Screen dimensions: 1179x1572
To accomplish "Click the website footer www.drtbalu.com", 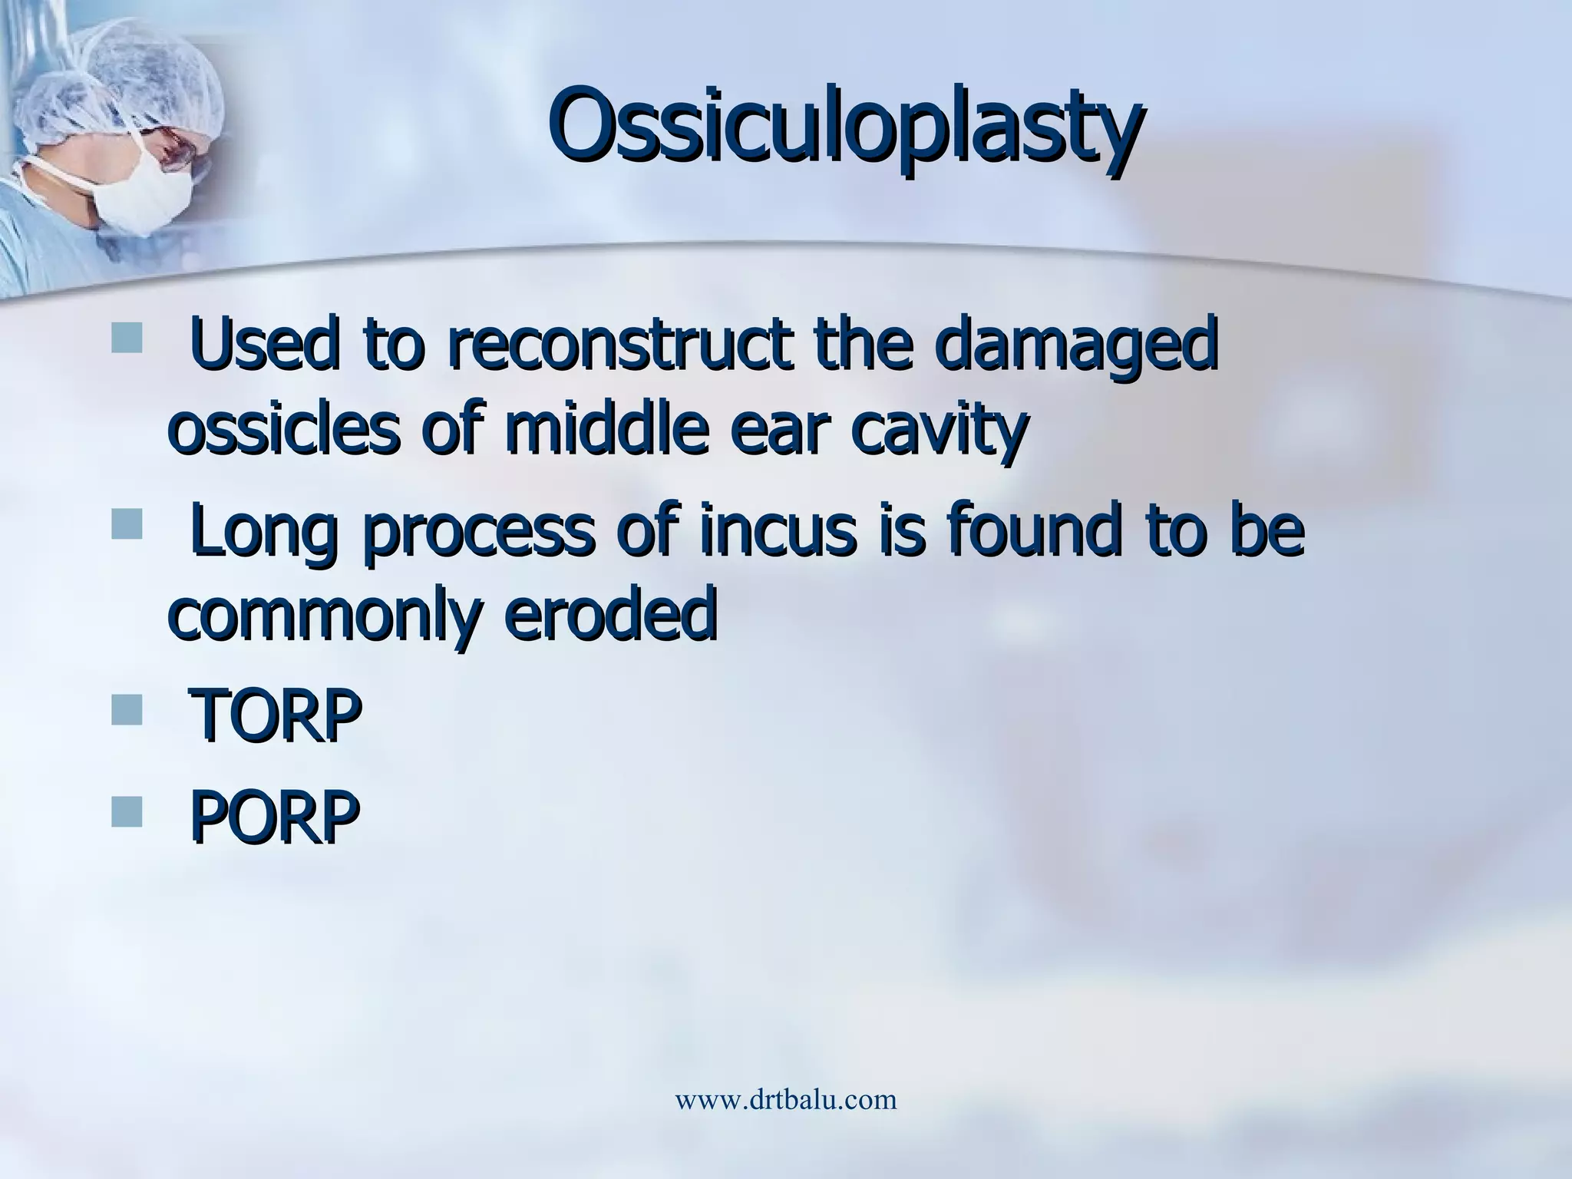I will tap(785, 1099).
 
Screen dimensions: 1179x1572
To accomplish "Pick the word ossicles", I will tap(282, 430).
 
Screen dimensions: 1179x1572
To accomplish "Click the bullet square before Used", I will tap(127, 338).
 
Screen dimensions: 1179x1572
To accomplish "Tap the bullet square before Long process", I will tap(127, 525).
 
